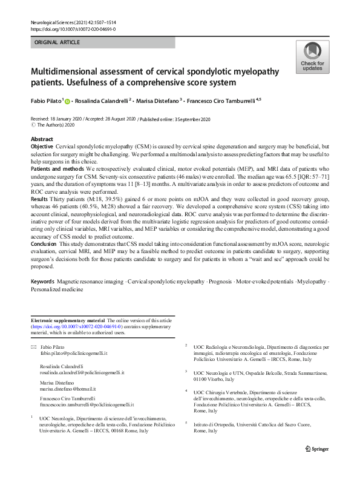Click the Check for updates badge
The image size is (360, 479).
312,58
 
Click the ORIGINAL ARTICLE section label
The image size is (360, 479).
57,43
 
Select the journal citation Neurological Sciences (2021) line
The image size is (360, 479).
76,22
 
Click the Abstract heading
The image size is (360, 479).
42,139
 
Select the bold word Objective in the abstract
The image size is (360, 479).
42,147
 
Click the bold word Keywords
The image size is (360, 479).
43,282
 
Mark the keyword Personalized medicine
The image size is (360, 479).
57,289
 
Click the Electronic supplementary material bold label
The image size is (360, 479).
68,320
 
